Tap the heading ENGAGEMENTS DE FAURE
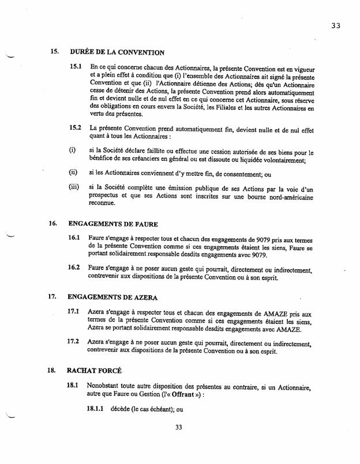point(113,224)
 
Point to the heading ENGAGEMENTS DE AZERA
point(114,297)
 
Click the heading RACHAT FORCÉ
point(95,371)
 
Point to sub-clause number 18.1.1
point(96,408)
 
